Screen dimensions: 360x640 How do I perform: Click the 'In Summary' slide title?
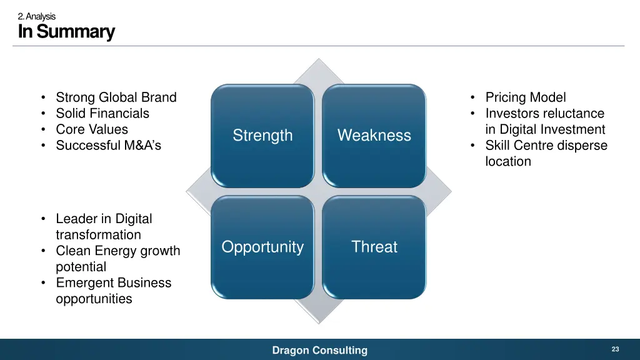66,31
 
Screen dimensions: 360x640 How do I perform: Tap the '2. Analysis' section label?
37,16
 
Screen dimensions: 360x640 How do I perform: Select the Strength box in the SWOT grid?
262,136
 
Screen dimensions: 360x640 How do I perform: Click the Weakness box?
374,136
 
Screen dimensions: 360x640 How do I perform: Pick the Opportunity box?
262,247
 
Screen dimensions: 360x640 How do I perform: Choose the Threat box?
374,247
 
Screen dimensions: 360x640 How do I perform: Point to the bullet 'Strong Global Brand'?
116,97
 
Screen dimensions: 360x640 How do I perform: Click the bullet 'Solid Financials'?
102,114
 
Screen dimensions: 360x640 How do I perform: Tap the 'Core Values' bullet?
92,129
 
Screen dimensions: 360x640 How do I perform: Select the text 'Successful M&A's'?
108,146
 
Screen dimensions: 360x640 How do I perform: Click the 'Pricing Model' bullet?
526,97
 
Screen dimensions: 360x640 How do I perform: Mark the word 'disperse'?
583,146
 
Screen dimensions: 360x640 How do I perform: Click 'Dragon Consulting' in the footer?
320,351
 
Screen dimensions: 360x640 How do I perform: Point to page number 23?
615,349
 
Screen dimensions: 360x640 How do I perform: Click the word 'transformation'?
98,235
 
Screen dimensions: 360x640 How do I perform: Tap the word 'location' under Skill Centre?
508,161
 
